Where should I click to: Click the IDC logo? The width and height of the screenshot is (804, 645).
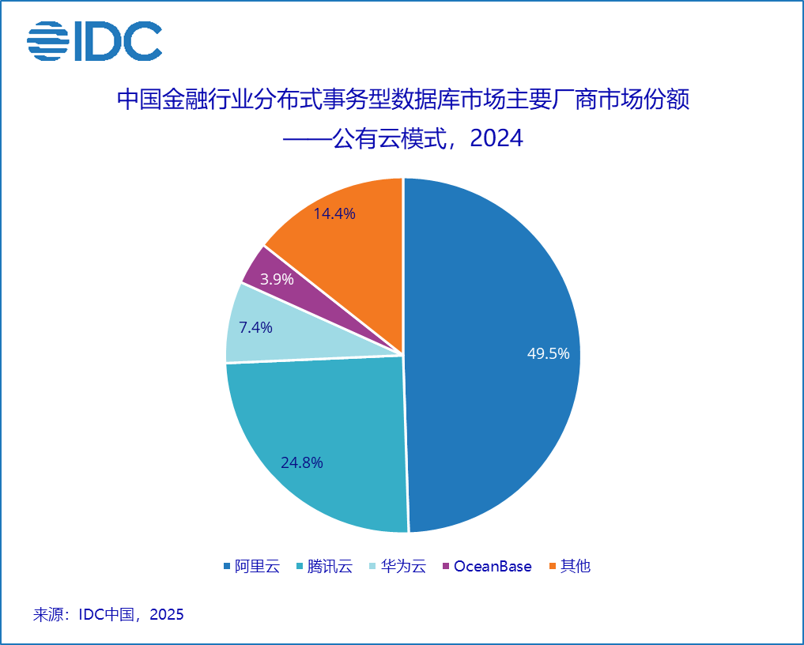(95, 41)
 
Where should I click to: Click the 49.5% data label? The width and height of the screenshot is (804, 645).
(548, 354)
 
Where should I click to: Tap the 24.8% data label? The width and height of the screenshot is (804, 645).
(302, 463)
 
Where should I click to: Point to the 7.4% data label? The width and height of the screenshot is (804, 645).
(255, 327)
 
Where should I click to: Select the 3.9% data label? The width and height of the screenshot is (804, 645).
(277, 279)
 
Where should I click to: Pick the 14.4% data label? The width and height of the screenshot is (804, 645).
(334, 213)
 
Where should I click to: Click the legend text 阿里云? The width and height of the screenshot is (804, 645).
(258, 566)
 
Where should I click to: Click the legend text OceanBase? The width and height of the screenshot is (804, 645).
(493, 566)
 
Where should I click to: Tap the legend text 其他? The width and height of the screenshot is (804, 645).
(576, 566)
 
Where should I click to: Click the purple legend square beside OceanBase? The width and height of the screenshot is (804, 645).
(447, 566)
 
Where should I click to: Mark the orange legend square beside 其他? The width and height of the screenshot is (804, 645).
(553, 566)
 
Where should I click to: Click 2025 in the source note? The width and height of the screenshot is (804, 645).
(166, 614)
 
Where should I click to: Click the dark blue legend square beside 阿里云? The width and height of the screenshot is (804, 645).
(228, 566)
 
